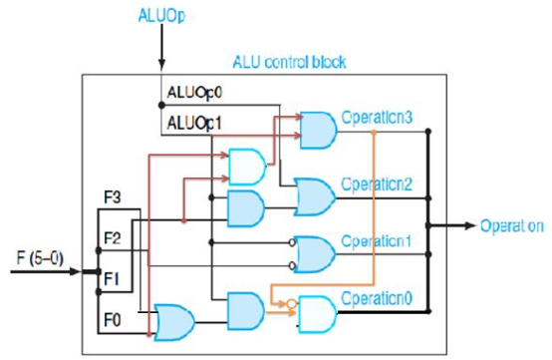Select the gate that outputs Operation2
(x=317, y=196)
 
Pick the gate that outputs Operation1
(x=318, y=254)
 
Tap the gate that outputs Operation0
(x=318, y=312)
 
